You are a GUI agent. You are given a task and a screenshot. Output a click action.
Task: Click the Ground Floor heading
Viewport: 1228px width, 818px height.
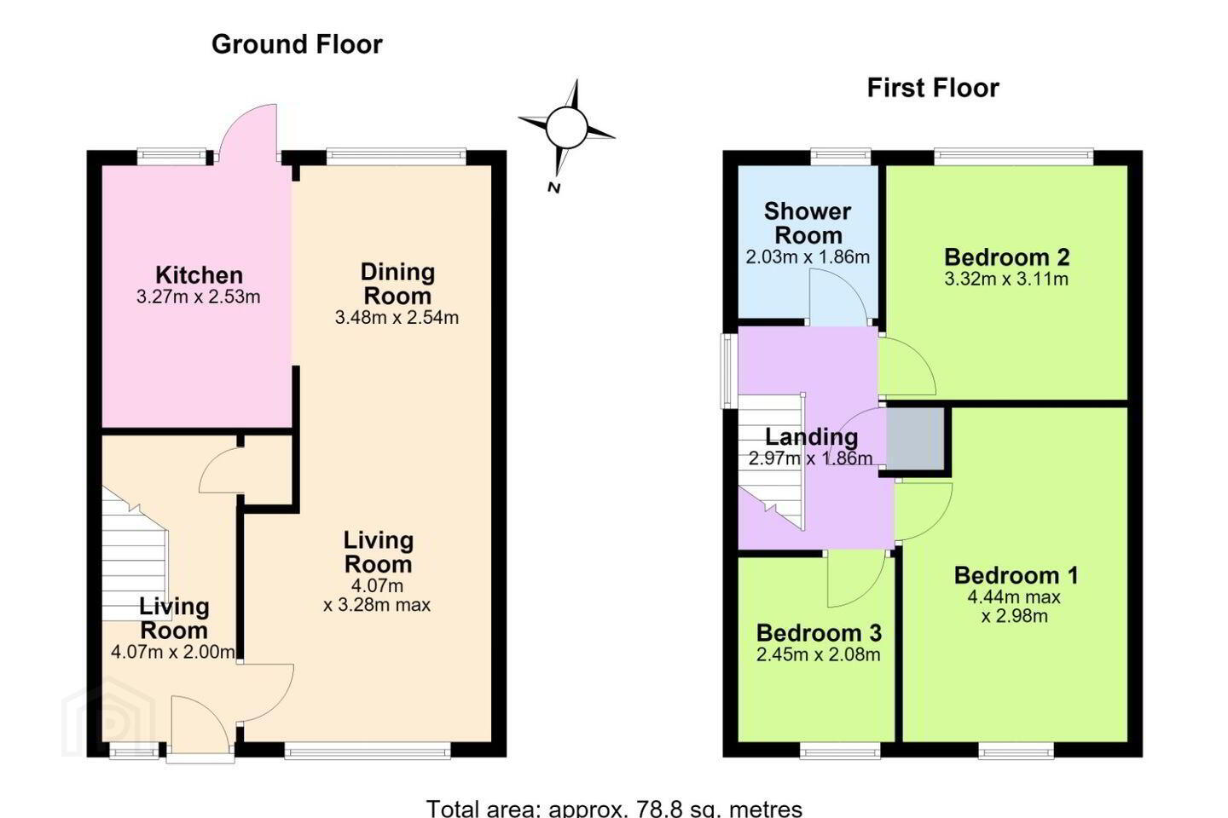297,44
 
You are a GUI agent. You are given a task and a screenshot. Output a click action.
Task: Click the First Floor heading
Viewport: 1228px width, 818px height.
933,89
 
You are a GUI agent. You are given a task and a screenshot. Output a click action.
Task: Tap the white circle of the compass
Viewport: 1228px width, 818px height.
567,127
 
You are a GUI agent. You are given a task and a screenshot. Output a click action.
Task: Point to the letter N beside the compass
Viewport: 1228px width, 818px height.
554,188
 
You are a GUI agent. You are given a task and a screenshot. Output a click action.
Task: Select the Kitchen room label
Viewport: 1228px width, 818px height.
199,275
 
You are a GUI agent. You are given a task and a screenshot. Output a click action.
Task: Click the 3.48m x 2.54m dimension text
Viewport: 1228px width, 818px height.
397,317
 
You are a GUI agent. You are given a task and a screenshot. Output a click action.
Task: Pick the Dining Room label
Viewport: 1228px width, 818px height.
397,284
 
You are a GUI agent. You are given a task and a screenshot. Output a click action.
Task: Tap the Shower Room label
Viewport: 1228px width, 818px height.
808,223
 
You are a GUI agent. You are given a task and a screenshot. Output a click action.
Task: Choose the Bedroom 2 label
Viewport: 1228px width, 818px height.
1006,257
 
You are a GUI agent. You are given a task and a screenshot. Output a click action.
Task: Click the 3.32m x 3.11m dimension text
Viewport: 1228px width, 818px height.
1006,279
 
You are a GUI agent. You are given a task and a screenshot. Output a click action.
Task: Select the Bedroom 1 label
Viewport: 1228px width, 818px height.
1016,575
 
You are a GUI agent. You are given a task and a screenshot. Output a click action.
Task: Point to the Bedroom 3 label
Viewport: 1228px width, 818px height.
819,633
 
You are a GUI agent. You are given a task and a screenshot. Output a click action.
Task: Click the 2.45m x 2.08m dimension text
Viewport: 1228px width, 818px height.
819,654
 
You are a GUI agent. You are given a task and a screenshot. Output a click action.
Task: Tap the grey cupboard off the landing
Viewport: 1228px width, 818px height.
915,438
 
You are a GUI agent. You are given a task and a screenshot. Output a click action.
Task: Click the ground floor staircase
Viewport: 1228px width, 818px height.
135,553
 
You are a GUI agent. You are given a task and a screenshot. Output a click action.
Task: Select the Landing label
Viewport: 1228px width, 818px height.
811,436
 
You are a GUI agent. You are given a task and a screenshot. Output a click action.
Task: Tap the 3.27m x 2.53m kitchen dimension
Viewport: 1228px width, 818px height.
199,297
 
